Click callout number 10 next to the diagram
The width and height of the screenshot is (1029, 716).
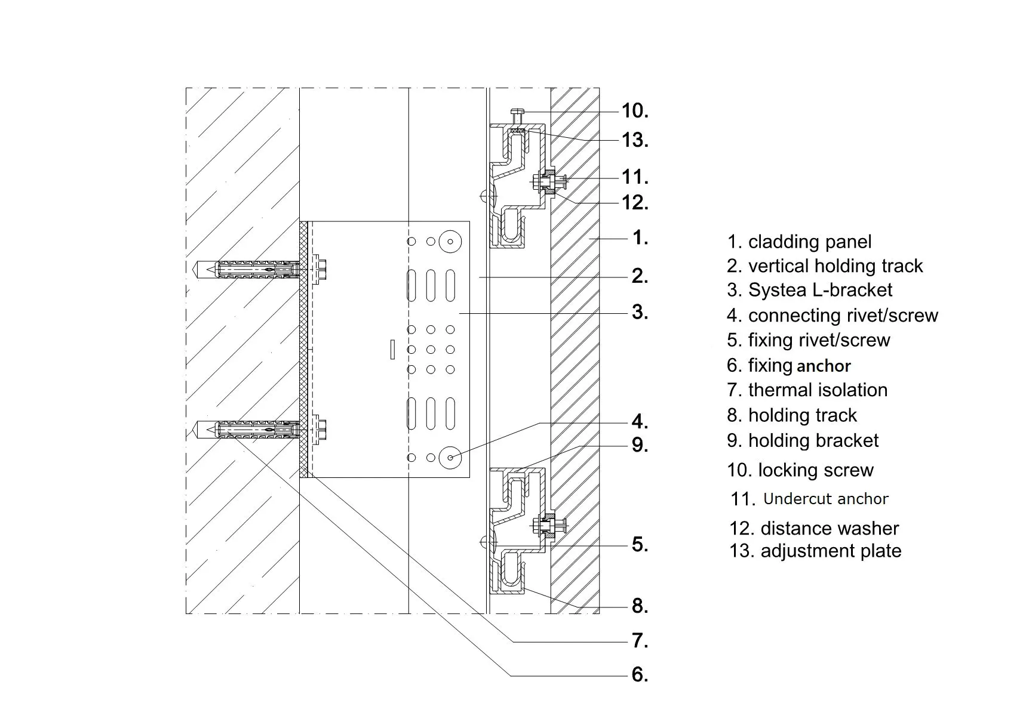[x=634, y=111]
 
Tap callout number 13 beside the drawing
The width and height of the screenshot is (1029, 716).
[x=634, y=140]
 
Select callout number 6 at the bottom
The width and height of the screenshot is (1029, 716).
[x=640, y=675]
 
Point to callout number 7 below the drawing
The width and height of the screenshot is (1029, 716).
[x=640, y=641]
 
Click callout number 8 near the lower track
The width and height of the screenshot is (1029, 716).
[x=640, y=606]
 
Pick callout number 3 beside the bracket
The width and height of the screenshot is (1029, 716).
[x=640, y=312]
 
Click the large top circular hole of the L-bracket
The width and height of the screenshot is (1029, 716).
[x=450, y=242]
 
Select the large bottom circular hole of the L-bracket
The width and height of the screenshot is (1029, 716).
[x=450, y=458]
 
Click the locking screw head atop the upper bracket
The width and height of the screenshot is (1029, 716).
[x=517, y=112]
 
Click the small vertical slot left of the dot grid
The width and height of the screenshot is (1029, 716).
[x=392, y=349]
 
